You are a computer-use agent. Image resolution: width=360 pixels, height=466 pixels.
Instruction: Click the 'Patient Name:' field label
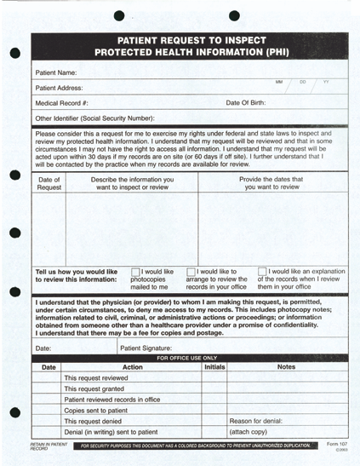pyautogui.click(x=56, y=73)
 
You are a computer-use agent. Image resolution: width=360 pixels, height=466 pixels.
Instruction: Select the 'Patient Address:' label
pyautogui.click(x=60, y=88)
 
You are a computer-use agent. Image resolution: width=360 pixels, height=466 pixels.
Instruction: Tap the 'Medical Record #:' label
pyautogui.click(x=62, y=102)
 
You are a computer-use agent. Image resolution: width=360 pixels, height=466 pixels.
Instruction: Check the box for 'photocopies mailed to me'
pyautogui.click(x=135, y=273)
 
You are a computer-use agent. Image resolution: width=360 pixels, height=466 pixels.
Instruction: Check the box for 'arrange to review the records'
pyautogui.click(x=191, y=273)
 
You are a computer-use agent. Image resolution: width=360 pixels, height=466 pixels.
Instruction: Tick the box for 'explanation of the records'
pyautogui.click(x=262, y=273)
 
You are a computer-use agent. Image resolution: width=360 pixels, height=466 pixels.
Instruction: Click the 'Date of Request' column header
pyautogui.click(x=49, y=183)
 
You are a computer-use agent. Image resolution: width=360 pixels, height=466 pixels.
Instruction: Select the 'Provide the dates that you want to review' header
pyautogui.click(x=273, y=183)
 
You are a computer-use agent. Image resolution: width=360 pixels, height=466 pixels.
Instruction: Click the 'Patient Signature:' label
pyautogui.click(x=151, y=348)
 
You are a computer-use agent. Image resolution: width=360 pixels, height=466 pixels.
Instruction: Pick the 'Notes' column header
pyautogui.click(x=285, y=367)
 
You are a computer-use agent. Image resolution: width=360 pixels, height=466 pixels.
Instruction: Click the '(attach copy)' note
pyautogui.click(x=250, y=432)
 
